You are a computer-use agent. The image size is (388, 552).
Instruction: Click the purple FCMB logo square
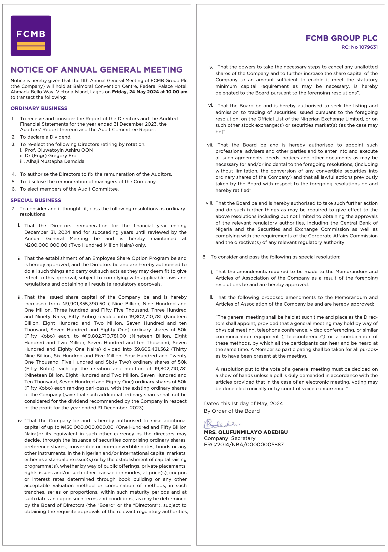pyautogui.click(x=31, y=36)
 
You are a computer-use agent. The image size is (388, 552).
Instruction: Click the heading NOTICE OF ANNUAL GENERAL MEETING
pyautogui.click(x=97, y=70)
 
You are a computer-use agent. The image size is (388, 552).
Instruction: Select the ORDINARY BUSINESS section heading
pyautogui.click(x=39, y=108)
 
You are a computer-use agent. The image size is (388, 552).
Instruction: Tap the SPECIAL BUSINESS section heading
pyautogui.click(x=36, y=200)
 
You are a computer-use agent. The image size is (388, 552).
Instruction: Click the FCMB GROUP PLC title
pyautogui.click(x=341, y=38)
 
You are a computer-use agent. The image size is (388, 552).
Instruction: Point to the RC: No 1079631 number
pyautogui.click(x=359, y=47)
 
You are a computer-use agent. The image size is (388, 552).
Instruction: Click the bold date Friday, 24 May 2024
pyautogui.click(x=135, y=92)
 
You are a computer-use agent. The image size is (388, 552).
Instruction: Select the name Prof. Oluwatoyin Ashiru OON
pyautogui.click(x=59, y=150)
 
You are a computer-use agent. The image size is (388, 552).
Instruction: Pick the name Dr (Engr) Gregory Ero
pyautogui.click(x=51, y=156)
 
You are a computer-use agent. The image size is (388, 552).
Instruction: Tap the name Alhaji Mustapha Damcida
pyautogui.click(x=55, y=162)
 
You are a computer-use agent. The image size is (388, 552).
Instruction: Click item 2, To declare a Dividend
pyautogui.click(x=45, y=137)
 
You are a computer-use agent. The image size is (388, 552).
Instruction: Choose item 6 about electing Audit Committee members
pyautogui.click(x=69, y=189)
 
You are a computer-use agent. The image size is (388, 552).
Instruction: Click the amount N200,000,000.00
pyautogui.click(x=46, y=245)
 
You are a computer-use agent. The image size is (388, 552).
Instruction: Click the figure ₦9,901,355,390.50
pyautogui.click(x=84, y=304)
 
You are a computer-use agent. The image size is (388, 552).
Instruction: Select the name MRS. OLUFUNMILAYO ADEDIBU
pyautogui.click(x=246, y=432)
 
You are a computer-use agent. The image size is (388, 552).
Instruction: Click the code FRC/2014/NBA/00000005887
pyautogui.click(x=244, y=445)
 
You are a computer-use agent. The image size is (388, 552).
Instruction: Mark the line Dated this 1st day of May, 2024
pyautogui.click(x=243, y=404)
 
